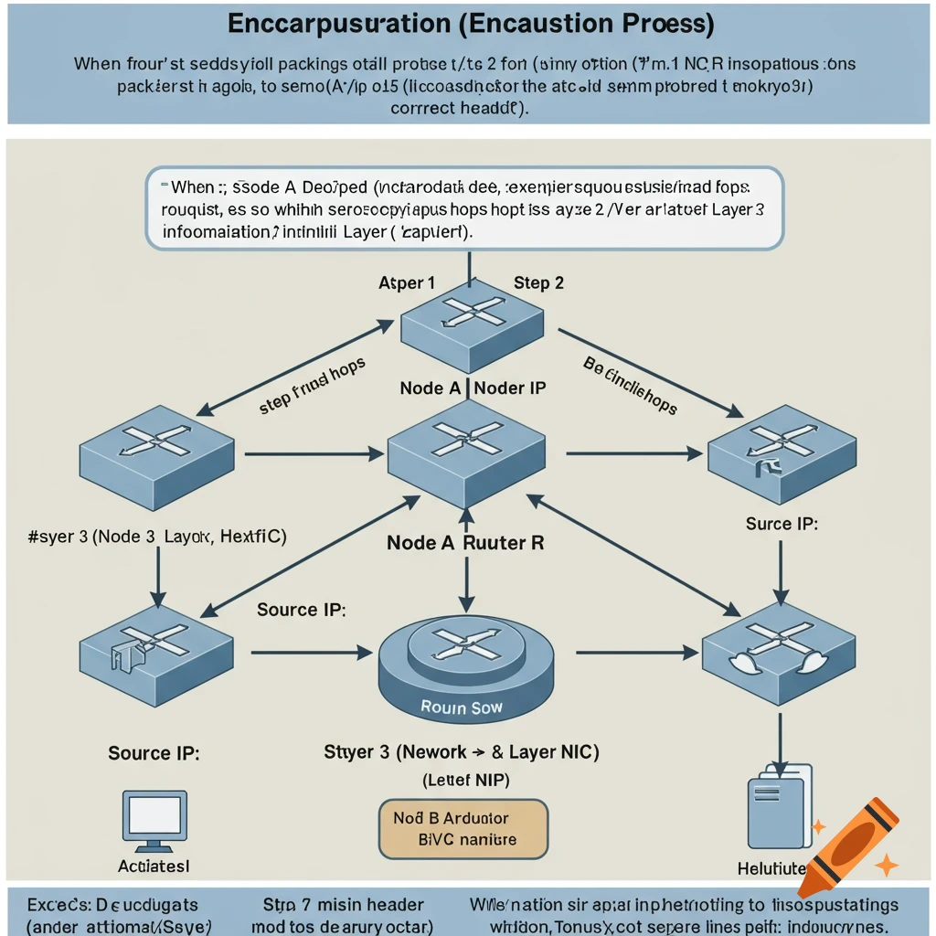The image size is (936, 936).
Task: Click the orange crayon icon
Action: [847, 846]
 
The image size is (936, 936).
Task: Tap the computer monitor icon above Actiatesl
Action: [154, 821]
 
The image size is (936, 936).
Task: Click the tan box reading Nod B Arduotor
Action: [463, 828]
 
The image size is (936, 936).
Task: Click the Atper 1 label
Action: [407, 282]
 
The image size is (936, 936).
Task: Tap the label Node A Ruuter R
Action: [465, 542]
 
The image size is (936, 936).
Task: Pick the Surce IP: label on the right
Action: [782, 524]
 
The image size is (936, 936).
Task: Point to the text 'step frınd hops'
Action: [312, 386]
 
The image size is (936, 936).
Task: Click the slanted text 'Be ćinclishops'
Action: [630, 385]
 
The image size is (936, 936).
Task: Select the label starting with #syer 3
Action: [157, 537]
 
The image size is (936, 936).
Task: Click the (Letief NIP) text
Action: [466, 780]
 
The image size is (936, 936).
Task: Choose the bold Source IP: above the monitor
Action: [154, 753]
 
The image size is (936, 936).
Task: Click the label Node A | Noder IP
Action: [473, 388]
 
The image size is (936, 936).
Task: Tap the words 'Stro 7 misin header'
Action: [343, 904]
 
